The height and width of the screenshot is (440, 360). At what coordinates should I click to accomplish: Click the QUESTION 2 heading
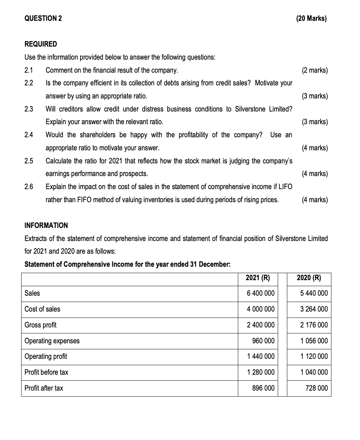(x=43, y=19)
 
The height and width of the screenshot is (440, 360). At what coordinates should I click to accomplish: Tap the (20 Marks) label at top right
(x=312, y=19)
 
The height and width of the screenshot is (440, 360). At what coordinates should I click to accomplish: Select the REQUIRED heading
(x=41, y=44)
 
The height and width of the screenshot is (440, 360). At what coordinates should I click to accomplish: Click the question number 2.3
(x=29, y=109)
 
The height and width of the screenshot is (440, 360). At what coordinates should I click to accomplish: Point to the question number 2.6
(x=29, y=187)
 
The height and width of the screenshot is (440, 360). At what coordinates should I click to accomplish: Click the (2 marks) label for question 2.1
(x=315, y=70)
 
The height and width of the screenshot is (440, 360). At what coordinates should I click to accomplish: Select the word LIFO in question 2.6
(x=285, y=187)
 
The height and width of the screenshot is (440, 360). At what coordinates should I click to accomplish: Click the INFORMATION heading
(x=46, y=225)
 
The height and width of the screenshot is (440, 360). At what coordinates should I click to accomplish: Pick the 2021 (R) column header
(x=258, y=278)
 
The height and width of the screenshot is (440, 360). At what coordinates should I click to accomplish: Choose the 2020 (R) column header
(x=309, y=278)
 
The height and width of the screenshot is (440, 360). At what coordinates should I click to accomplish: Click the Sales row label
(x=32, y=293)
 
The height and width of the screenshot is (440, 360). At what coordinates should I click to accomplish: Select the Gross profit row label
(x=41, y=325)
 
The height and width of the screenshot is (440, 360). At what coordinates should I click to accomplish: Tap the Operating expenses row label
(x=52, y=341)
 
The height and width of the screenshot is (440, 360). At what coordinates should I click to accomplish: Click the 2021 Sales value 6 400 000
(x=261, y=293)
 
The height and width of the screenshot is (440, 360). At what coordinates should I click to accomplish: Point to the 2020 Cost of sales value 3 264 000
(x=314, y=309)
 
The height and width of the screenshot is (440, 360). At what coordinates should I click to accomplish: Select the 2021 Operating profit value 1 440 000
(x=261, y=356)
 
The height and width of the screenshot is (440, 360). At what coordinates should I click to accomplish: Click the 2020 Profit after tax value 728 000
(x=317, y=388)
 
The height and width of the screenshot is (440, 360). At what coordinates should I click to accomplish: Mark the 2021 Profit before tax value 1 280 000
(x=261, y=372)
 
